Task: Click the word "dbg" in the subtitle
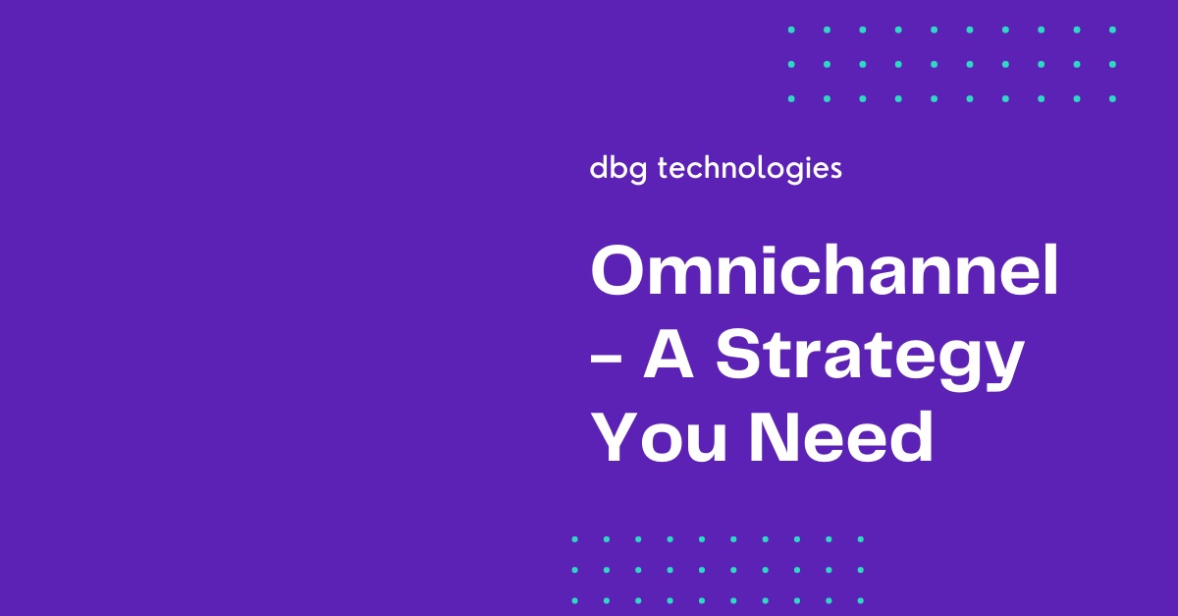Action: [x=617, y=170]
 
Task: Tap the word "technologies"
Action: [x=749, y=170]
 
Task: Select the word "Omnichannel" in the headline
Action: [x=825, y=270]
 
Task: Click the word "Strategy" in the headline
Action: [x=871, y=357]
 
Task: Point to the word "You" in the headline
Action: [x=659, y=437]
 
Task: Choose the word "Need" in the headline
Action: [x=841, y=436]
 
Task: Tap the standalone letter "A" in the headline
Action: [x=669, y=354]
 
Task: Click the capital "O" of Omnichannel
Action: [x=617, y=271]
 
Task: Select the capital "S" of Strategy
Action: [x=737, y=354]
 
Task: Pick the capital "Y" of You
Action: [x=615, y=437]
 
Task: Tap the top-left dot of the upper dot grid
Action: [x=791, y=30]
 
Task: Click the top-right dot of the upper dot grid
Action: [x=1112, y=30]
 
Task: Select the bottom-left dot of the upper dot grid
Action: [x=791, y=98]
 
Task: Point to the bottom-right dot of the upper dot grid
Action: [x=1112, y=98]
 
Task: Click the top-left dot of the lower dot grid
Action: [x=575, y=539]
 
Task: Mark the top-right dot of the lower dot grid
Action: [x=861, y=539]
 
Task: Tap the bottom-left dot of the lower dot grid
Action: [x=575, y=600]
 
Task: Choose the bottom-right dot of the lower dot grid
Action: [x=861, y=600]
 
